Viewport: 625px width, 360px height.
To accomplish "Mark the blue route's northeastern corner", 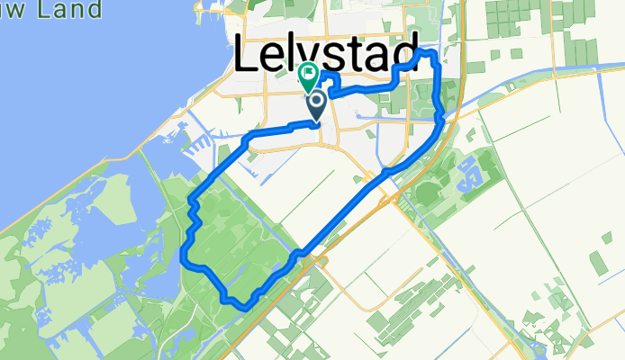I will (x=433, y=54).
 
